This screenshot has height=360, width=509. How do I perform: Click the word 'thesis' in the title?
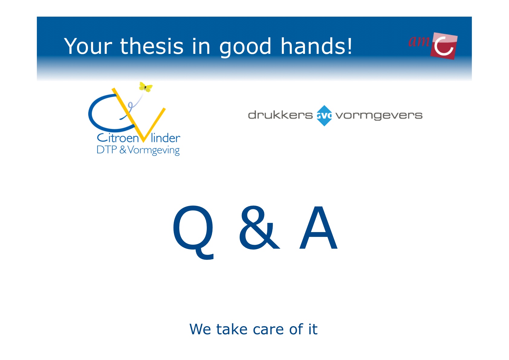[151, 46]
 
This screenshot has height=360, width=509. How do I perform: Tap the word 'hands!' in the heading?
[316, 46]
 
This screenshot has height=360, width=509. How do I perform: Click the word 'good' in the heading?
[245, 47]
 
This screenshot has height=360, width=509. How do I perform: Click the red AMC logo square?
[443, 46]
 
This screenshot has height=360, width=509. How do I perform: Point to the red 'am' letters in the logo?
[419, 41]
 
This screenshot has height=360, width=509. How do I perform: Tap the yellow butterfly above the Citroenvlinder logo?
[146, 87]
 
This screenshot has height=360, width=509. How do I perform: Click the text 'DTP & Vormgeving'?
[138, 150]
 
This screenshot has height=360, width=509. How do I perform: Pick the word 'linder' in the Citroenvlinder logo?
[165, 138]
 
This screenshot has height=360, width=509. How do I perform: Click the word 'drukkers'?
[280, 115]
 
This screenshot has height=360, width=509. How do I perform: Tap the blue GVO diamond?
[324, 116]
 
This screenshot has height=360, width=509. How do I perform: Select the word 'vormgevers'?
[379, 116]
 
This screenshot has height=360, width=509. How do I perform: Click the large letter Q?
[193, 232]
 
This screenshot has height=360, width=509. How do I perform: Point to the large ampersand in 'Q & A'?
[259, 227]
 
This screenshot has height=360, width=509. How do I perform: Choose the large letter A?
[318, 227]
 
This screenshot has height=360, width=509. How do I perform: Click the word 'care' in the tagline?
[268, 329]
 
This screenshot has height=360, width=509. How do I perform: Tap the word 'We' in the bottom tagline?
[200, 329]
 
